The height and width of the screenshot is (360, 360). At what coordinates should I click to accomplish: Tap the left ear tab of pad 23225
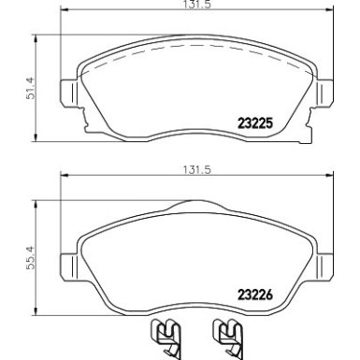tap(67, 94)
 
